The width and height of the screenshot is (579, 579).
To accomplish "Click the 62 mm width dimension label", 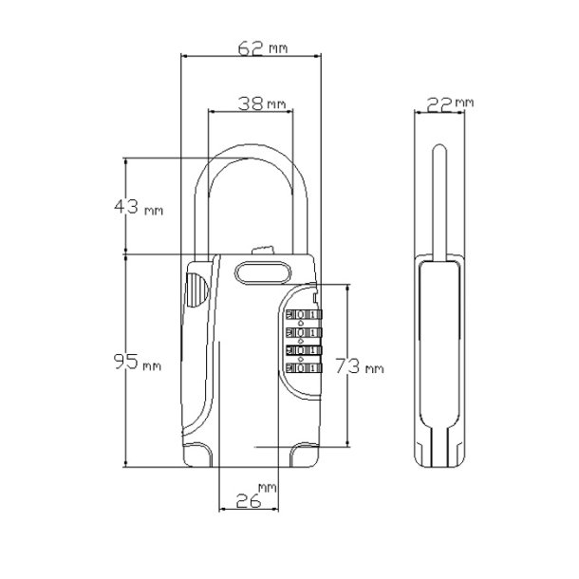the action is pos(263,48).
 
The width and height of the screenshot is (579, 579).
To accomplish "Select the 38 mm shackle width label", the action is pos(262,103).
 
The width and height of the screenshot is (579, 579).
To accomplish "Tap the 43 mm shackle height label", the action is pos(139,207).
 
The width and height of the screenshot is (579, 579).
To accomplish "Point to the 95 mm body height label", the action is pos(138,362).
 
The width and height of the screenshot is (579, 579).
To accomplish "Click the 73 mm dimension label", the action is pos(360,366).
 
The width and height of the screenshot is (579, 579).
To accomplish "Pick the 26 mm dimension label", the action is pos(256,495).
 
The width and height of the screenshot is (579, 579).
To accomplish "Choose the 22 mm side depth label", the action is pos(450,104).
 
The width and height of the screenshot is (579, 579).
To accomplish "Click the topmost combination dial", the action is pos(304,314).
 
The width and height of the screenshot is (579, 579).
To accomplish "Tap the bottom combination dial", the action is pos(304,368).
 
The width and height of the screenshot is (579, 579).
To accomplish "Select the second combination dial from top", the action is pos(304,333).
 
